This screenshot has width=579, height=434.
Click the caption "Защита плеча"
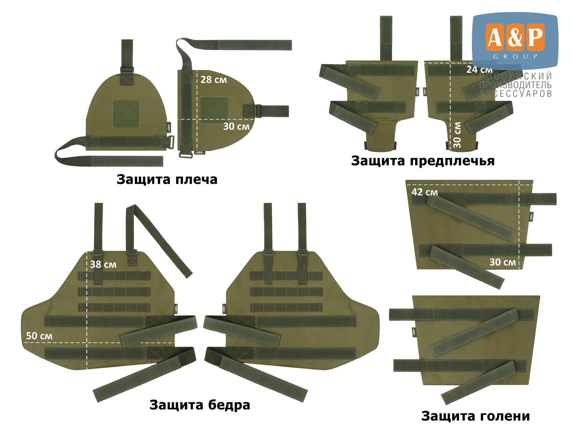[167, 180]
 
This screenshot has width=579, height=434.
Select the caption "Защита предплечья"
[423, 161]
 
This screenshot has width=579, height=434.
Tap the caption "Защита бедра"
[200, 405]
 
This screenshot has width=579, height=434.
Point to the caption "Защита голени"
[476, 416]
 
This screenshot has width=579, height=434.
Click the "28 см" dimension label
[214, 80]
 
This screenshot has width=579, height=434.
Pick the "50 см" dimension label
[39, 336]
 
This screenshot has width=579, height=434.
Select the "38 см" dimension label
[103, 264]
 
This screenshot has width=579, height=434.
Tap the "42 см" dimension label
[425, 192]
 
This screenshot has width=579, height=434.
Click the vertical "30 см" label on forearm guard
[457, 134]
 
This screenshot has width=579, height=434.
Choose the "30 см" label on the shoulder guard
[236, 126]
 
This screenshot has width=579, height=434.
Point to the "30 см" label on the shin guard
[503, 262]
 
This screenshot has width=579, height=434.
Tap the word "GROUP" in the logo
[516, 56]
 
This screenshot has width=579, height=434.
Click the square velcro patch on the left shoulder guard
[126, 114]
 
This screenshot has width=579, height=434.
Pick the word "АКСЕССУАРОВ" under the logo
[516, 94]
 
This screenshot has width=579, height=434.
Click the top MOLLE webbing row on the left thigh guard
[114, 276]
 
